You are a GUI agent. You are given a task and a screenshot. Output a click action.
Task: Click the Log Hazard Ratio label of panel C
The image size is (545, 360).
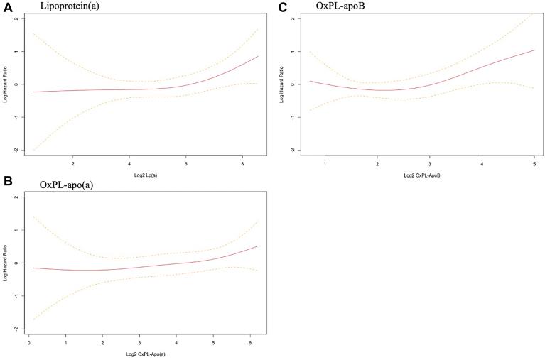pos(283,84)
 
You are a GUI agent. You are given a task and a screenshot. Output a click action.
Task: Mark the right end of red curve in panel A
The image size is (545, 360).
pos(258,56)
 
